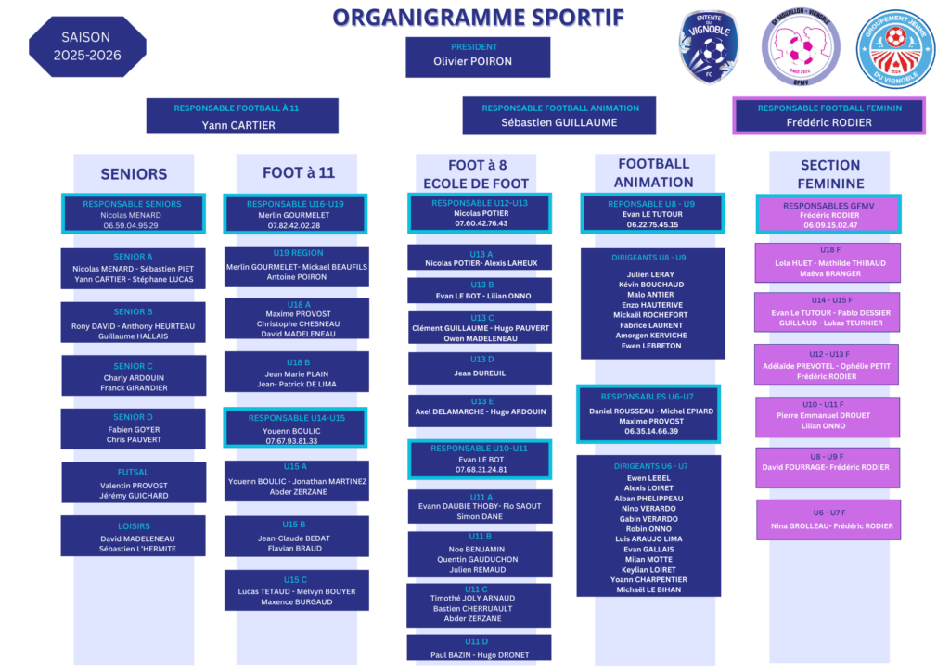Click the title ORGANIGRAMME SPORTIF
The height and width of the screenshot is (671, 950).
tap(478, 18)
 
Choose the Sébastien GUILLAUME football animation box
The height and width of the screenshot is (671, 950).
tap(558, 116)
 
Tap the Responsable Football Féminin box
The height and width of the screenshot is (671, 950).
tap(828, 116)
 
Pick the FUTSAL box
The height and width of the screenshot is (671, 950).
tap(134, 482)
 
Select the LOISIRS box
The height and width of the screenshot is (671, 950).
tap(134, 537)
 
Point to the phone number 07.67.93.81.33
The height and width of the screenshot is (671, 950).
tap(293, 441)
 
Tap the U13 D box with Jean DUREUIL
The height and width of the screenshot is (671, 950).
tap(480, 367)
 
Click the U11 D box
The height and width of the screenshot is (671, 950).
tap(479, 648)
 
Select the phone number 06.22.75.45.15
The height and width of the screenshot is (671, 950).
tap(652, 224)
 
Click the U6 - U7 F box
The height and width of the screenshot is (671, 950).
tap(828, 520)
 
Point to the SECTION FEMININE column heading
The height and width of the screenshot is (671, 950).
tap(829, 174)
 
